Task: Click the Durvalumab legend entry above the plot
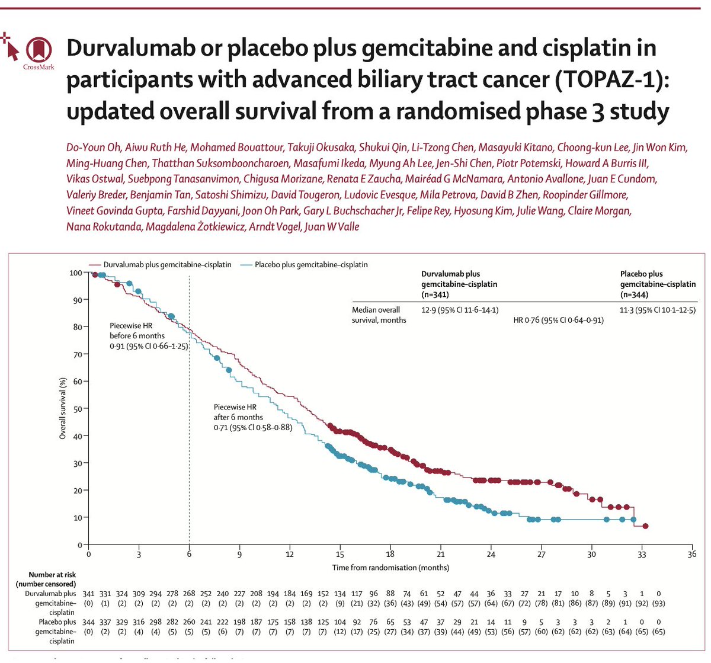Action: (x=160, y=264)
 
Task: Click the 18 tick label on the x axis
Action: (x=390, y=555)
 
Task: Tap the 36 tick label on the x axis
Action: (x=691, y=555)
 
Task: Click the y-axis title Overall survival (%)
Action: (x=62, y=409)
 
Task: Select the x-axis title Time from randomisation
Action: (x=390, y=568)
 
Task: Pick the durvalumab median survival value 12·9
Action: (x=459, y=310)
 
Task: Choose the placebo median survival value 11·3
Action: (x=658, y=310)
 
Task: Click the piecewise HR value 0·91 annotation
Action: (x=148, y=346)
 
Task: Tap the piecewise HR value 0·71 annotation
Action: (x=253, y=427)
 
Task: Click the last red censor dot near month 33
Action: (x=645, y=526)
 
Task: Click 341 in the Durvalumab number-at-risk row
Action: (x=88, y=594)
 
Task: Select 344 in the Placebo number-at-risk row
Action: (x=88, y=622)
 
